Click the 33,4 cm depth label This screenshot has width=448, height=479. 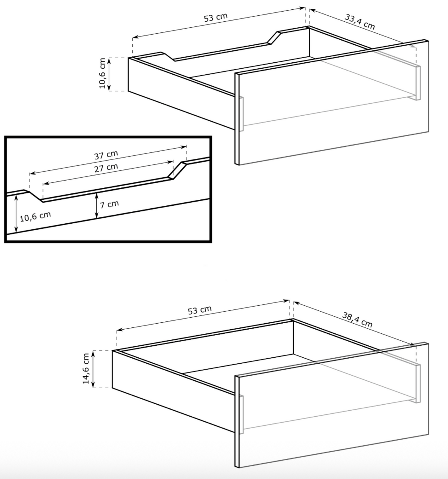(x=360, y=22)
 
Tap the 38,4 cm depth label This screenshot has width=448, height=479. (x=357, y=320)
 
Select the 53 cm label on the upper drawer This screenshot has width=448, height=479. (x=216, y=17)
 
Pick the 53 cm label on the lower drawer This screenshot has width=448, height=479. (x=199, y=310)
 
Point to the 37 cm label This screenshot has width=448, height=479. (x=106, y=155)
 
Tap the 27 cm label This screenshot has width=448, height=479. (x=106, y=168)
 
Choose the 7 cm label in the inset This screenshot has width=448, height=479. (x=109, y=205)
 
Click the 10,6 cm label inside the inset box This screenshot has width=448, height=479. (x=35, y=217)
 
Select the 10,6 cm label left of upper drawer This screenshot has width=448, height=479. (x=102, y=73)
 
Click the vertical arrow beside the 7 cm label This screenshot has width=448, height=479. (x=97, y=206)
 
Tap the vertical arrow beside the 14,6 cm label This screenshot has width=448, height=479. (x=93, y=369)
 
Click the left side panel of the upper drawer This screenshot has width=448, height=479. (x=181, y=94)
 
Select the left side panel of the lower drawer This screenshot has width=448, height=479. (x=174, y=391)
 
